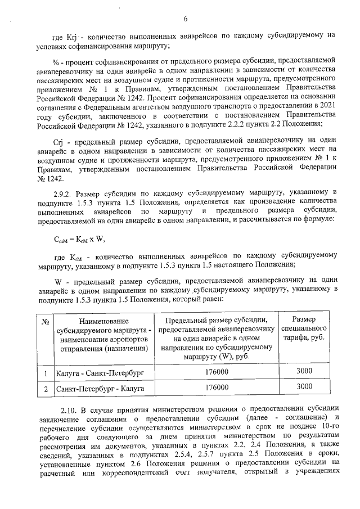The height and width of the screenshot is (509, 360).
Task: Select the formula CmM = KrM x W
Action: click(x=79, y=238)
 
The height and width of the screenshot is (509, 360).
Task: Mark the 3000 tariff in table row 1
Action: click(x=304, y=372)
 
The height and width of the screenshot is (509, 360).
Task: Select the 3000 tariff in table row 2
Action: click(x=304, y=387)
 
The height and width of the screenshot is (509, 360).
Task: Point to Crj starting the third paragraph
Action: click(x=61, y=131)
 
